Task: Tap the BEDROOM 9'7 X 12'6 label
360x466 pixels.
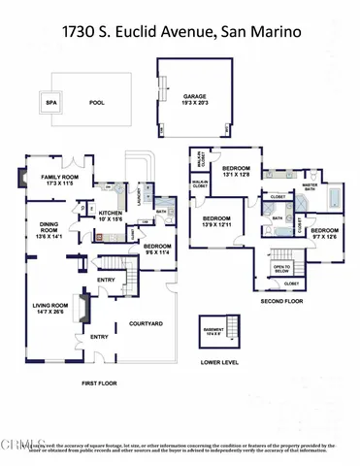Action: pyautogui.click(x=323, y=233)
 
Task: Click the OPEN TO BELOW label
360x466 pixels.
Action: pyautogui.click(x=282, y=268)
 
